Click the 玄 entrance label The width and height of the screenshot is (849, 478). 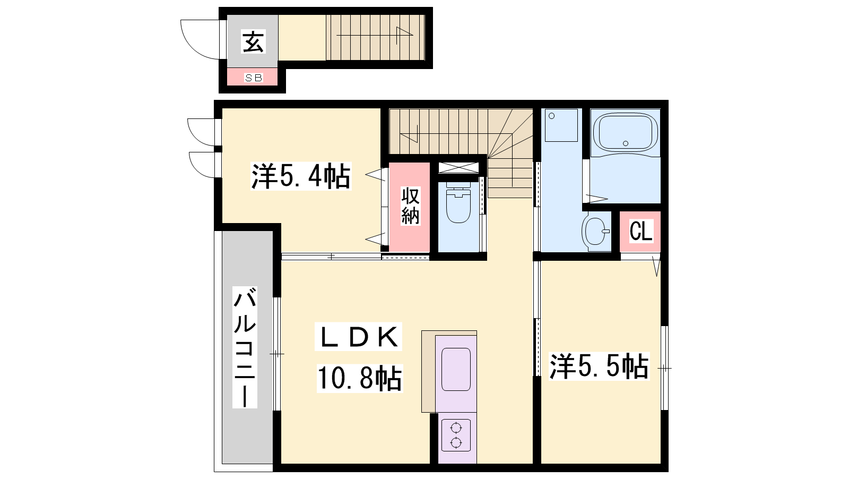pyautogui.click(x=253, y=41)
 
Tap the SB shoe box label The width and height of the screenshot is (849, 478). pyautogui.click(x=254, y=78)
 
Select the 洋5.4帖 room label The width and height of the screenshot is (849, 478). pyautogui.click(x=301, y=176)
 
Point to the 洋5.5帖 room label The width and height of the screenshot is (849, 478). pyautogui.click(x=599, y=366)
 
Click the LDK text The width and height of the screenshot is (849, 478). pyautogui.click(x=359, y=337)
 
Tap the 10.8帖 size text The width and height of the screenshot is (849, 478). pyautogui.click(x=360, y=378)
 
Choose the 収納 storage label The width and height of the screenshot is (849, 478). pyautogui.click(x=411, y=206)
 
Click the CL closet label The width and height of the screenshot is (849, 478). pyautogui.click(x=641, y=231)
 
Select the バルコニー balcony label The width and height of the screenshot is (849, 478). pyautogui.click(x=245, y=347)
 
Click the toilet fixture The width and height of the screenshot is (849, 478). pyautogui.click(x=458, y=202)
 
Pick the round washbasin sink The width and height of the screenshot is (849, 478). pyautogui.click(x=595, y=231)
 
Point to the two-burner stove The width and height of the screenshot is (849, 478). pyautogui.click(x=456, y=435)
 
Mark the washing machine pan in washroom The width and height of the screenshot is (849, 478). pyautogui.click(x=561, y=125)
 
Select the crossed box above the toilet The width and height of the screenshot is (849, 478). pyautogui.click(x=458, y=168)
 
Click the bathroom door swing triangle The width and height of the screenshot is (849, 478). pyautogui.click(x=597, y=198)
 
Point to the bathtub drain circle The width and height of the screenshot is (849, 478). pyautogui.click(x=626, y=143)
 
